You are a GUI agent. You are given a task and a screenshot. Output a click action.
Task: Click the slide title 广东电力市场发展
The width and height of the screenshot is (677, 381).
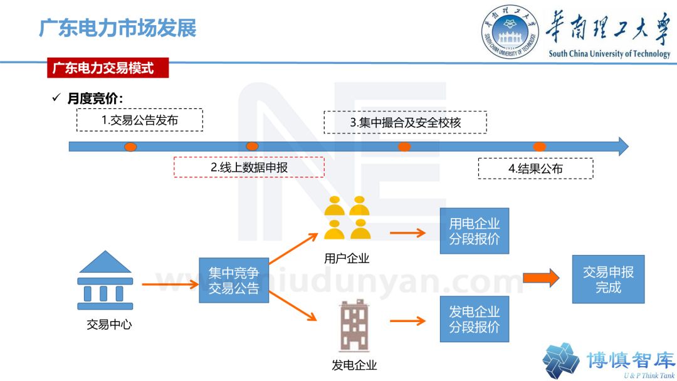click(x=118, y=28)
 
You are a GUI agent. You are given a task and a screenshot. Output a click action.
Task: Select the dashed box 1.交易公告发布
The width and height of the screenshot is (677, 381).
click(x=140, y=120)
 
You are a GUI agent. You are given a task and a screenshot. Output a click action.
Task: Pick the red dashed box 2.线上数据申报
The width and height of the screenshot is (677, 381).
click(x=249, y=167)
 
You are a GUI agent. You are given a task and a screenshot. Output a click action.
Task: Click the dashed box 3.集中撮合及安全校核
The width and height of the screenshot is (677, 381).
click(x=405, y=122)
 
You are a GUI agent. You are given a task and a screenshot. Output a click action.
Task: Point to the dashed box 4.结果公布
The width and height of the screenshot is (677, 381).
click(x=535, y=168)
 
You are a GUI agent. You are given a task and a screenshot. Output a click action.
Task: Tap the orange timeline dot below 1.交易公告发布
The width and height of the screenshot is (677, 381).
click(x=130, y=147)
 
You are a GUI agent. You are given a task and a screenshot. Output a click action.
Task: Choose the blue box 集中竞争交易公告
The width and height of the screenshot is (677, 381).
click(x=234, y=280)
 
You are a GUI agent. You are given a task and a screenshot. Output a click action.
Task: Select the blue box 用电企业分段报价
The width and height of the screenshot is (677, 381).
click(x=475, y=231)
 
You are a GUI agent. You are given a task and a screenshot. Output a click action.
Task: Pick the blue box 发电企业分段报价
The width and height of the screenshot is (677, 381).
click(x=475, y=319)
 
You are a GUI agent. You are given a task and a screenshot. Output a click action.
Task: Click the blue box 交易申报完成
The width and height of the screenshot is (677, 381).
click(x=607, y=279)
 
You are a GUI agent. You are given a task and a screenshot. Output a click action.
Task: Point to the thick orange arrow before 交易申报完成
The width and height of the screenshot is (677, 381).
click(x=541, y=278)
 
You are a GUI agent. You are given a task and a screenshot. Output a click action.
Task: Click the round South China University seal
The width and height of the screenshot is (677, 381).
click(x=510, y=31)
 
